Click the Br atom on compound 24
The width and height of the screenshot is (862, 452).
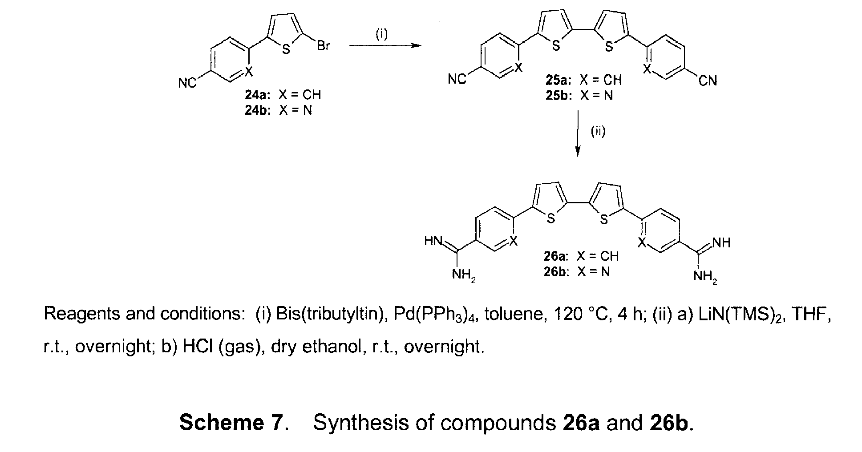(323, 46)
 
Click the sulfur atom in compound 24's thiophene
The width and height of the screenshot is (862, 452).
(286, 49)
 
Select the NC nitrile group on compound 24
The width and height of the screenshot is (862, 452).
(187, 83)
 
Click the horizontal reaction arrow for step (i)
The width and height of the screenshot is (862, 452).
(384, 45)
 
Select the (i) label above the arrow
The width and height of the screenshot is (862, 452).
(382, 35)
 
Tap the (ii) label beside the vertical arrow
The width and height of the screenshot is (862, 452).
(598, 131)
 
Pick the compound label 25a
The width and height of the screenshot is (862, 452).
(559, 80)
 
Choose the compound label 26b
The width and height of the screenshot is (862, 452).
(556, 272)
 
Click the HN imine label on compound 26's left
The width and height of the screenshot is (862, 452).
(433, 241)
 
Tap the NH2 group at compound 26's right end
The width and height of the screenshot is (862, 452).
(706, 277)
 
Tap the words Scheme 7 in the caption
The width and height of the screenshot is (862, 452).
(231, 422)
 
